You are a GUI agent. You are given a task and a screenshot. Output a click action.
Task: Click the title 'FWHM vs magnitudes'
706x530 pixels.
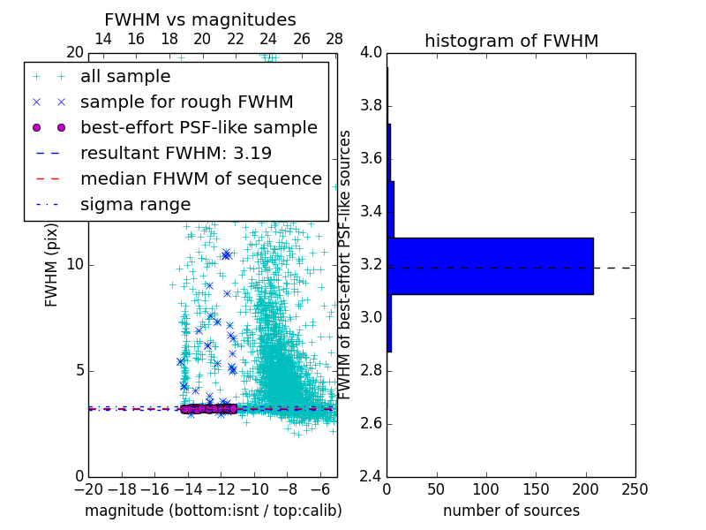pos(200,19)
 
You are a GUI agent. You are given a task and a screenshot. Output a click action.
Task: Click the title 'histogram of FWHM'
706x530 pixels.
pos(511,41)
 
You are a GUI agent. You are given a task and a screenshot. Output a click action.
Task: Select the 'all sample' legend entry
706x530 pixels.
pos(125,77)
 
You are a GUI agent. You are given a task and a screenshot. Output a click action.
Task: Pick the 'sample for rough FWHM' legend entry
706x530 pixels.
pos(186,102)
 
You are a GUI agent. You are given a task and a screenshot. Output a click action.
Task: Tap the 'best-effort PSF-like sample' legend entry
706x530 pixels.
pos(199,128)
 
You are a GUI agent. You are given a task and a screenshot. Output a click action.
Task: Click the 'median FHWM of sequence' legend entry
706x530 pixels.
pos(200,179)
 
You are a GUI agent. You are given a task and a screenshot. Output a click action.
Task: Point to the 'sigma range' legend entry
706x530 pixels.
pos(135,205)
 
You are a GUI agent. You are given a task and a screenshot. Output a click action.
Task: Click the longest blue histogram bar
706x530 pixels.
pos(490,266)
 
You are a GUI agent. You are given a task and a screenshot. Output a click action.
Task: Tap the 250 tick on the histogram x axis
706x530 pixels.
pos(635,488)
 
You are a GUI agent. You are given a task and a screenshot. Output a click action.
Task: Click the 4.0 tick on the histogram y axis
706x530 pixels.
pos(372,53)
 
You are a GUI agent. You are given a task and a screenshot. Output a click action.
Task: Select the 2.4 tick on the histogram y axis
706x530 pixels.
pos(372,476)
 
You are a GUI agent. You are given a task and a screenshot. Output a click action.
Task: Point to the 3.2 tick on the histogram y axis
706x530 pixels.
pos(372,265)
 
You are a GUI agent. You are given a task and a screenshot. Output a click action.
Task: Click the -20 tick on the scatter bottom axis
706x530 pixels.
pos(88,488)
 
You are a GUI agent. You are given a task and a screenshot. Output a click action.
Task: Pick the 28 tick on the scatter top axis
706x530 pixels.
pos(334,40)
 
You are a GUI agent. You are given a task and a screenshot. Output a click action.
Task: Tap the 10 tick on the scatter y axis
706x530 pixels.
pos(77,265)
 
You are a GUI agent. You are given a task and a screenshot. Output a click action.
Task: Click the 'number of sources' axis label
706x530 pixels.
pos(511,511)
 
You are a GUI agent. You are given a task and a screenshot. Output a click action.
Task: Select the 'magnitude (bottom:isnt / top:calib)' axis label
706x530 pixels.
pos(213,511)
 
